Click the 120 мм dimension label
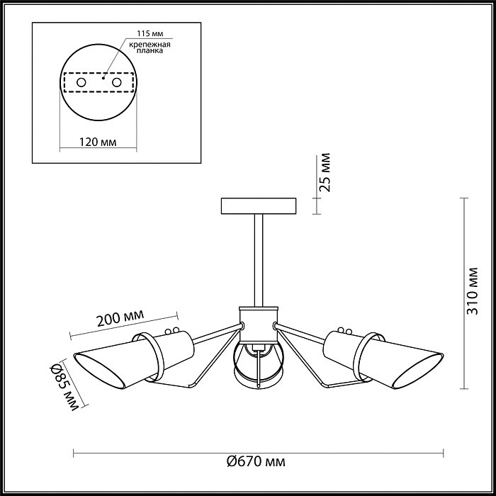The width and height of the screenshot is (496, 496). pos(98,142)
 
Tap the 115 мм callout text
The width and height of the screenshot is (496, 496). pos(150,33)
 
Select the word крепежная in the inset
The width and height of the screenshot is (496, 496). pos(150,44)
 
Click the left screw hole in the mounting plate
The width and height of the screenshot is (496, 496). pos(81,83)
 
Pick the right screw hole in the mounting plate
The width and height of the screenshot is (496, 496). pos(117,83)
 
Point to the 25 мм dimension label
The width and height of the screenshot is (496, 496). pos(325,172)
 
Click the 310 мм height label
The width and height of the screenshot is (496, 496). pos(473,291)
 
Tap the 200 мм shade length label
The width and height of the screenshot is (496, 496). pos(120,317)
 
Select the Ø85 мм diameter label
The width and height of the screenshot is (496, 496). pos(65,387)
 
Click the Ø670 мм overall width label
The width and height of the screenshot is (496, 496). pos(256,461)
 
